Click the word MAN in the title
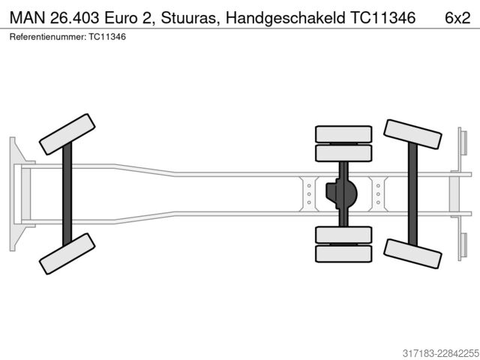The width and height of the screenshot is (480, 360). point(28,18)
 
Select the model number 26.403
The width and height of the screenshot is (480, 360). point(75,18)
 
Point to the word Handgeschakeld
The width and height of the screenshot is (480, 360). point(285,18)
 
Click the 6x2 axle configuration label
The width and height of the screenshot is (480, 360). point(457,18)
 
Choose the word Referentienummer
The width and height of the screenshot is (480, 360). point(48,37)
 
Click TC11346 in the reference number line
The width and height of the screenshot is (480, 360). point(107,37)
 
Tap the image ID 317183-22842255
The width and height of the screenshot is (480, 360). point(441,353)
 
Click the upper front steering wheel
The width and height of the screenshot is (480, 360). point(67,134)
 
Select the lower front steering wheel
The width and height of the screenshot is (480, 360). point(67,253)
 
